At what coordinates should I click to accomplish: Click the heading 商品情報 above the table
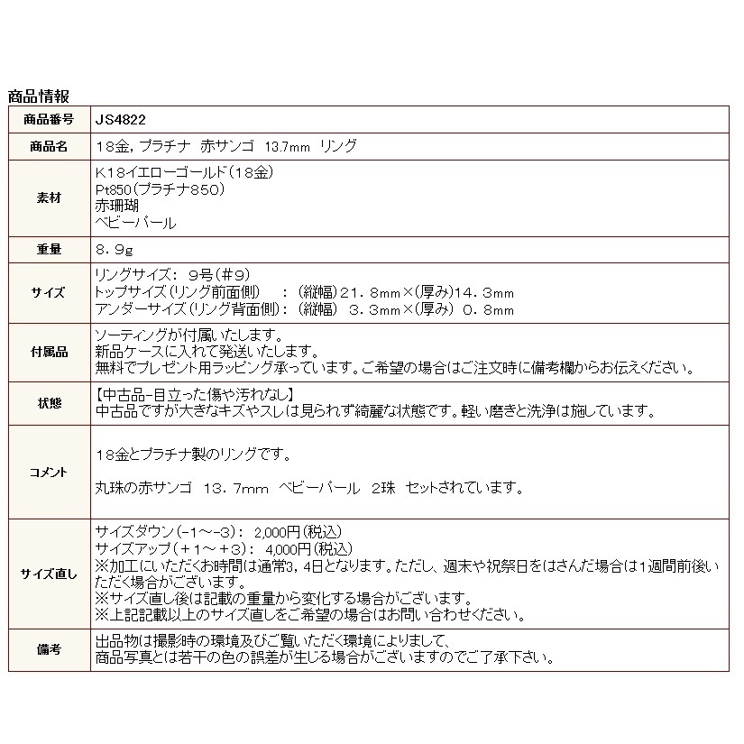coord(38,96)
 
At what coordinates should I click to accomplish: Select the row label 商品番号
coord(50,119)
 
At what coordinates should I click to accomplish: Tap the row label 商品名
coord(50,146)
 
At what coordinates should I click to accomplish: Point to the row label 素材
coord(50,198)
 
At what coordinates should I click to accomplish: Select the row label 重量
coord(50,249)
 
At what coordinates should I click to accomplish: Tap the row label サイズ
coord(50,293)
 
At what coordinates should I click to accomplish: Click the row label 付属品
coord(50,352)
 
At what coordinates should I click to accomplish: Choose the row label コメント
coord(50,471)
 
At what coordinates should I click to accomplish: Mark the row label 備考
coord(50,649)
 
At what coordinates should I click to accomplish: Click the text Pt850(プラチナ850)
coord(159,190)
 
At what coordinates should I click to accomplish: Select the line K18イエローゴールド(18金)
coord(183,173)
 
